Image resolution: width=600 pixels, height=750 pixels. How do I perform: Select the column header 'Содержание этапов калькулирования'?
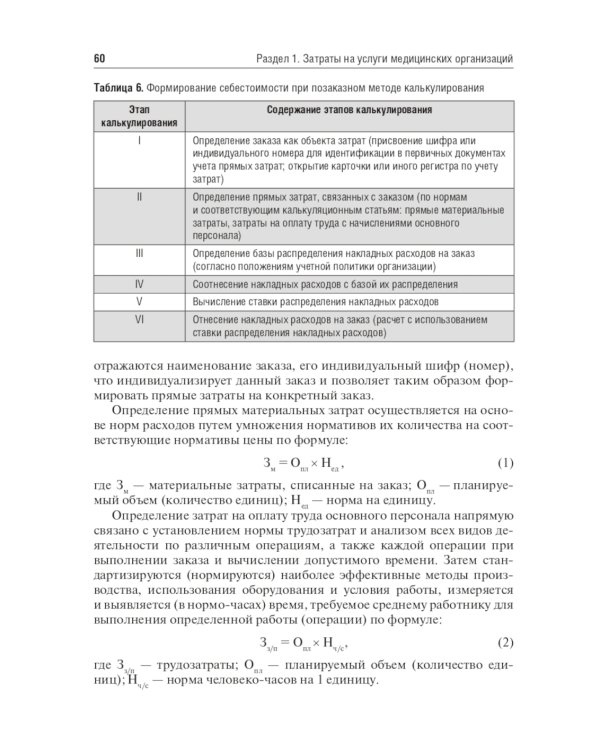349,108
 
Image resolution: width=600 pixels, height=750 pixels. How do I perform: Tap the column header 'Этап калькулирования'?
140,115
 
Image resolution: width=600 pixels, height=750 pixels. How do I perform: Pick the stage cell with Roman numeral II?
140,197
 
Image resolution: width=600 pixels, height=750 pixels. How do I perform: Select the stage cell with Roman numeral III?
140,254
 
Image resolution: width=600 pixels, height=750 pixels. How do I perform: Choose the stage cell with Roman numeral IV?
140,284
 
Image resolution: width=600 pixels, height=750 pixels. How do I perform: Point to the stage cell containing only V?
140,301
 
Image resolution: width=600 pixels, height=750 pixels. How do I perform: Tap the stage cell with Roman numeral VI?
140,319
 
